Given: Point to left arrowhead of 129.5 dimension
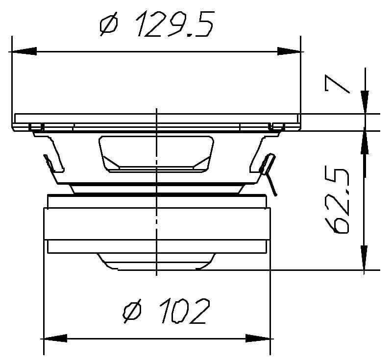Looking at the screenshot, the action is [x=23, y=51].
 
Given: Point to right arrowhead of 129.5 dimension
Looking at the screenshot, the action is [x=290, y=51].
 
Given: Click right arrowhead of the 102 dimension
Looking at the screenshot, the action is [x=260, y=338].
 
